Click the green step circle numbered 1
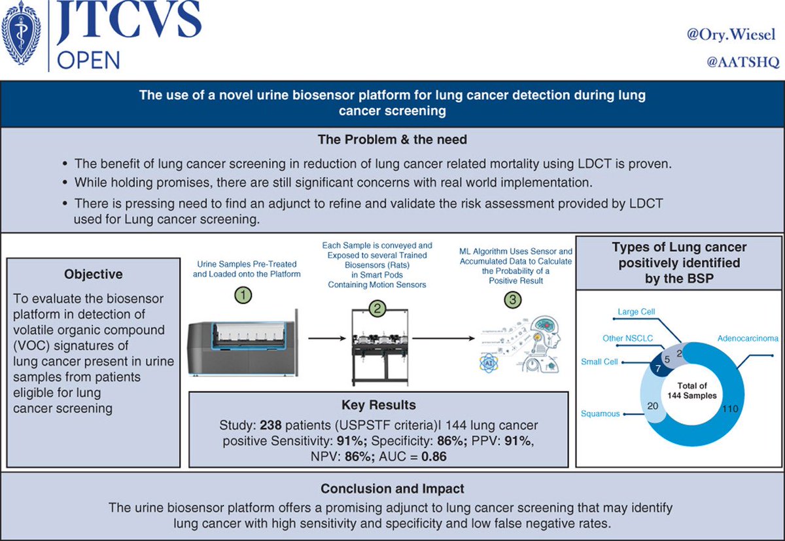pyautogui.click(x=243, y=296)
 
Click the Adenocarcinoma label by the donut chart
pyautogui.click(x=748, y=340)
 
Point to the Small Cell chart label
pyautogui.click(x=598, y=362)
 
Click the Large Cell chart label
pyautogui.click(x=637, y=312)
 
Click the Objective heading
pyautogui.click(x=94, y=274)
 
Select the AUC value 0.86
pyautogui.click(x=434, y=457)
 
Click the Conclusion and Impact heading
pyautogui.click(x=392, y=489)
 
